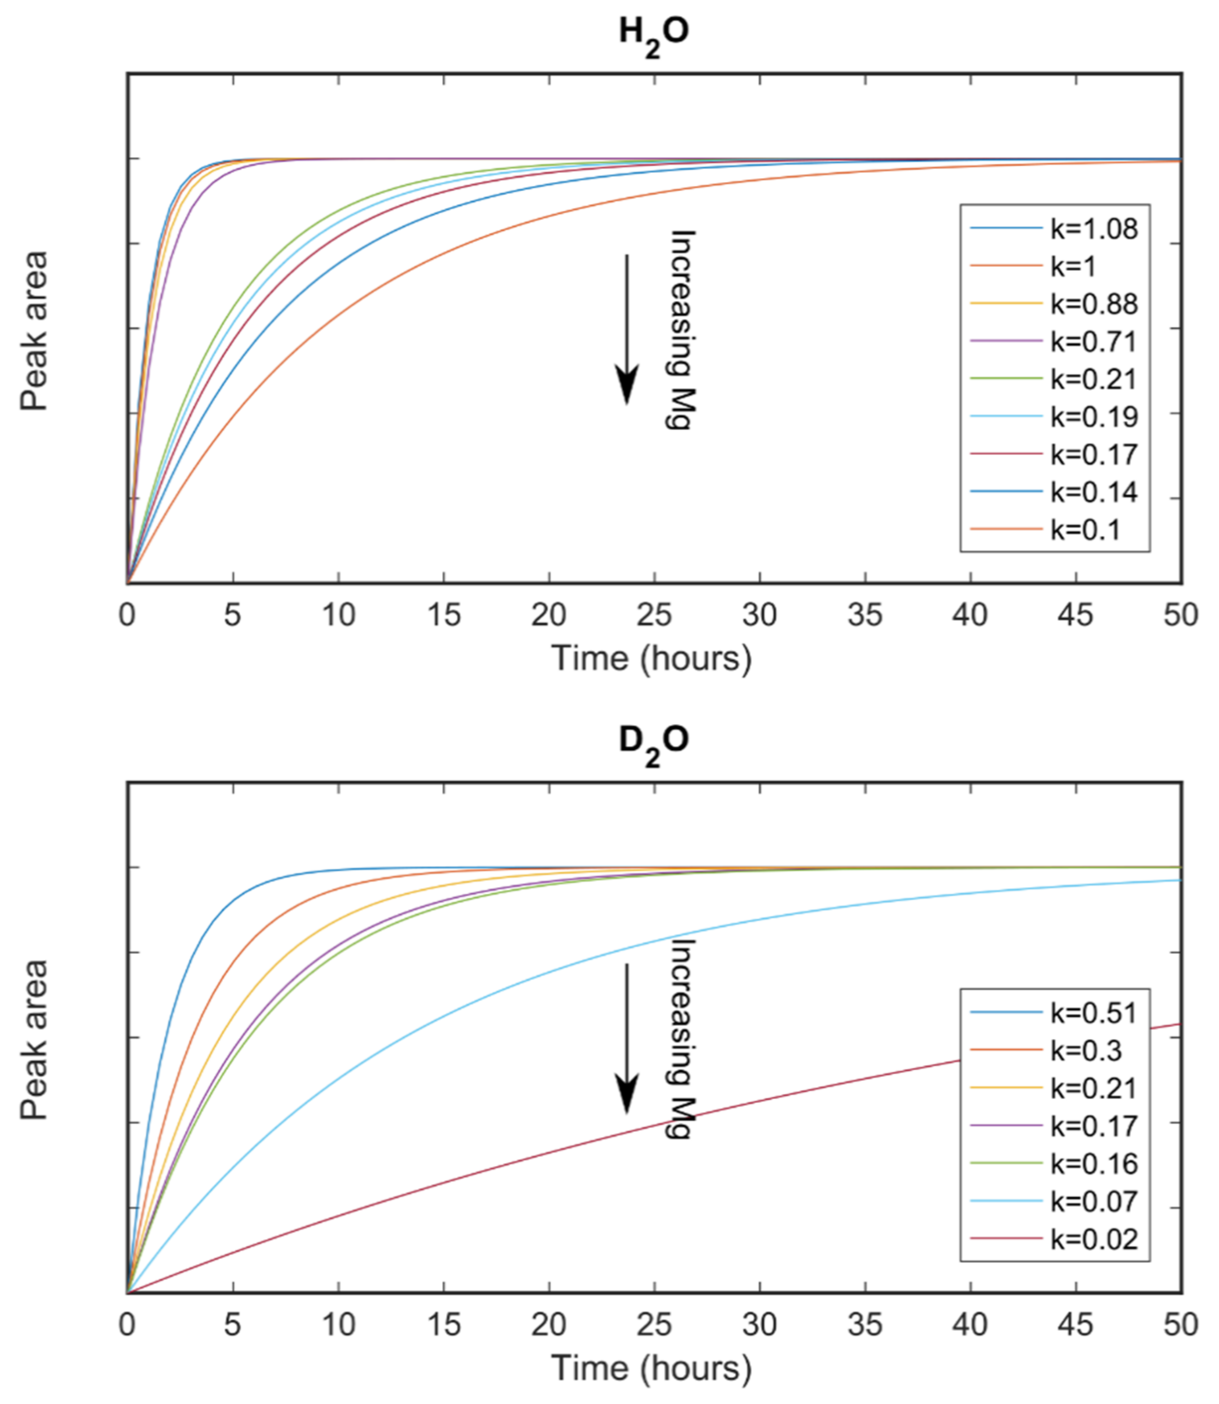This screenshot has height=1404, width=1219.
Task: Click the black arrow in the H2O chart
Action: (x=626, y=330)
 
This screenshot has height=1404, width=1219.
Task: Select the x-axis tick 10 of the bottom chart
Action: (x=338, y=1324)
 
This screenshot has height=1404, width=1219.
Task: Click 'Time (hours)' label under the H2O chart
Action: (x=652, y=659)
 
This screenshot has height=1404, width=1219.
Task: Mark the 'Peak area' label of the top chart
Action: (x=34, y=331)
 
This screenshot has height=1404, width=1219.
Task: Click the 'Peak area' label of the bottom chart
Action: (x=34, y=1039)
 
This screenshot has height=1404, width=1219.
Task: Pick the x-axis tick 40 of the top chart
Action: (x=970, y=615)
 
